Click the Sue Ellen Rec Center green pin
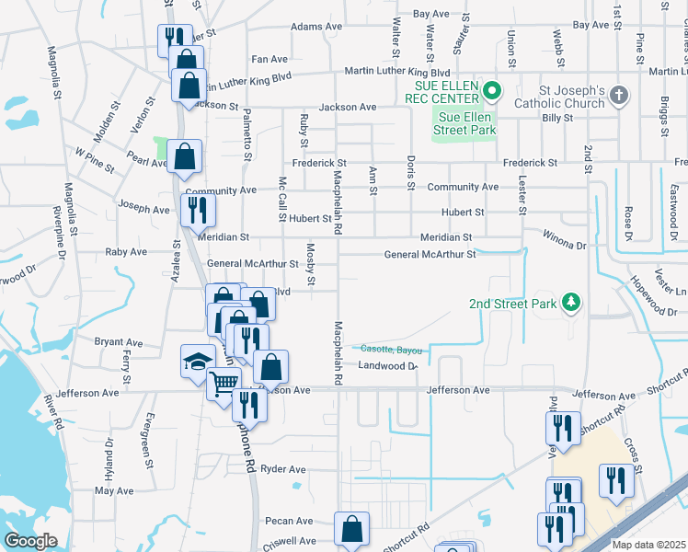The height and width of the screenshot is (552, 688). pyautogui.click(x=491, y=90)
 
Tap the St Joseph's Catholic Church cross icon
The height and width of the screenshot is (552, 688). pyautogui.click(x=619, y=95)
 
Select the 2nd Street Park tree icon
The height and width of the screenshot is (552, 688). pyautogui.click(x=571, y=302)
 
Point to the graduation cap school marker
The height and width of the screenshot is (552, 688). pyautogui.click(x=197, y=361)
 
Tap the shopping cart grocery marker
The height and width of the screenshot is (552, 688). pyautogui.click(x=224, y=382)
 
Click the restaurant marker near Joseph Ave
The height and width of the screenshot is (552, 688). pyautogui.click(x=198, y=210)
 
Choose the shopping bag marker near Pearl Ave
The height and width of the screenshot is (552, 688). pyautogui.click(x=185, y=157)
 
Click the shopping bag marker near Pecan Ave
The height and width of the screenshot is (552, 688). pyautogui.click(x=351, y=528)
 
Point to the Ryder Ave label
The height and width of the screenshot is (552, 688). pyautogui.click(x=283, y=469)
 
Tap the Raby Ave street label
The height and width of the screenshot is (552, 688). pyautogui.click(x=126, y=251)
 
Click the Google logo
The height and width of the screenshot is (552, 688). pyautogui.click(x=30, y=541)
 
